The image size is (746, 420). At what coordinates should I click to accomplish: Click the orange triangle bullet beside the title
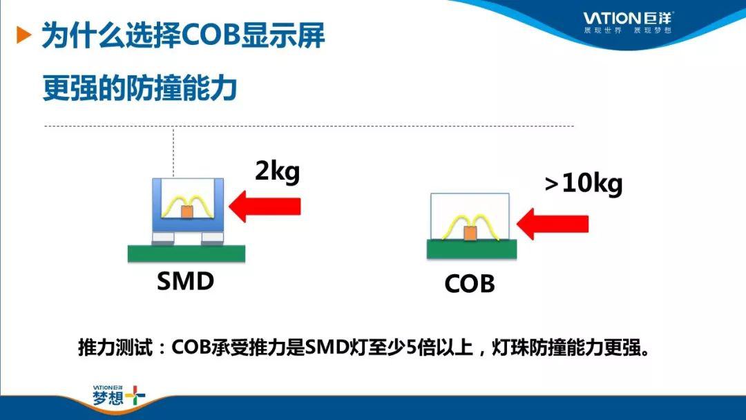click(23, 35)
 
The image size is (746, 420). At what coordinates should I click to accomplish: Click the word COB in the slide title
click(210, 35)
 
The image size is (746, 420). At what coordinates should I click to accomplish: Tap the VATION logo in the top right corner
click(628, 22)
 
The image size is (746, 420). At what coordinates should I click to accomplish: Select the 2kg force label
click(278, 171)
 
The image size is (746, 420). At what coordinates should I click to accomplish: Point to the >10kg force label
click(584, 184)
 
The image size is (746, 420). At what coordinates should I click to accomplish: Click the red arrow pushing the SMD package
click(265, 207)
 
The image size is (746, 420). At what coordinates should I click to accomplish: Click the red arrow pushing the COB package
click(553, 224)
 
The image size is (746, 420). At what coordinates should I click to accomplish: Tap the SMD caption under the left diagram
click(186, 281)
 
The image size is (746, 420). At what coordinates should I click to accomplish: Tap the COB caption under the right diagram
click(470, 284)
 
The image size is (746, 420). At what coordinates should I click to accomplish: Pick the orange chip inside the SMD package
click(187, 212)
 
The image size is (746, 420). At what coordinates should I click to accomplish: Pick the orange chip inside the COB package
click(470, 233)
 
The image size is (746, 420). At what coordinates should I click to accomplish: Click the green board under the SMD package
click(186, 254)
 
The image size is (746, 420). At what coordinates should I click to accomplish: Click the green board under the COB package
click(472, 249)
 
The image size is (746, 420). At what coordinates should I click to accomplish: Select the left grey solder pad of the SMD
click(163, 238)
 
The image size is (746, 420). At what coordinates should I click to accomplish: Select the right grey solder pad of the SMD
click(212, 238)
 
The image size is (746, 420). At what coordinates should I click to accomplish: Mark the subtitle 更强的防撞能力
click(140, 88)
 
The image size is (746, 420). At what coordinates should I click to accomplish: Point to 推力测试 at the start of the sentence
click(115, 347)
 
